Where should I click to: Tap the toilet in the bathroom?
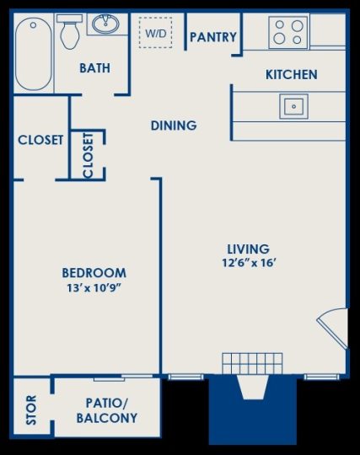coord(71,32)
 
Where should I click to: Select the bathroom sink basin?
coord(105,24)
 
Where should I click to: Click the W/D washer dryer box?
coord(156,34)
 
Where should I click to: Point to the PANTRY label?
coord(212,37)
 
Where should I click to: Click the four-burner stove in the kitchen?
coord(287,32)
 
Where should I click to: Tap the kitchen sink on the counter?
coord(293,106)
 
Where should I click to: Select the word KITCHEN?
coord(292,75)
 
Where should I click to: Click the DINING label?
coord(174,126)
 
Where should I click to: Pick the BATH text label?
coord(94,68)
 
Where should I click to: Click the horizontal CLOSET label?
coord(40,140)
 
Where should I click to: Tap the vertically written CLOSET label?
coord(88,155)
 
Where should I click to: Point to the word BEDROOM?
coord(94,272)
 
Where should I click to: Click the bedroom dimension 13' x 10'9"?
coord(94,288)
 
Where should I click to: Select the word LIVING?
coord(248,249)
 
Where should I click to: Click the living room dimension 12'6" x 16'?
coord(248,263)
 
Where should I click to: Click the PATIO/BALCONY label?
coord(107,410)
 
